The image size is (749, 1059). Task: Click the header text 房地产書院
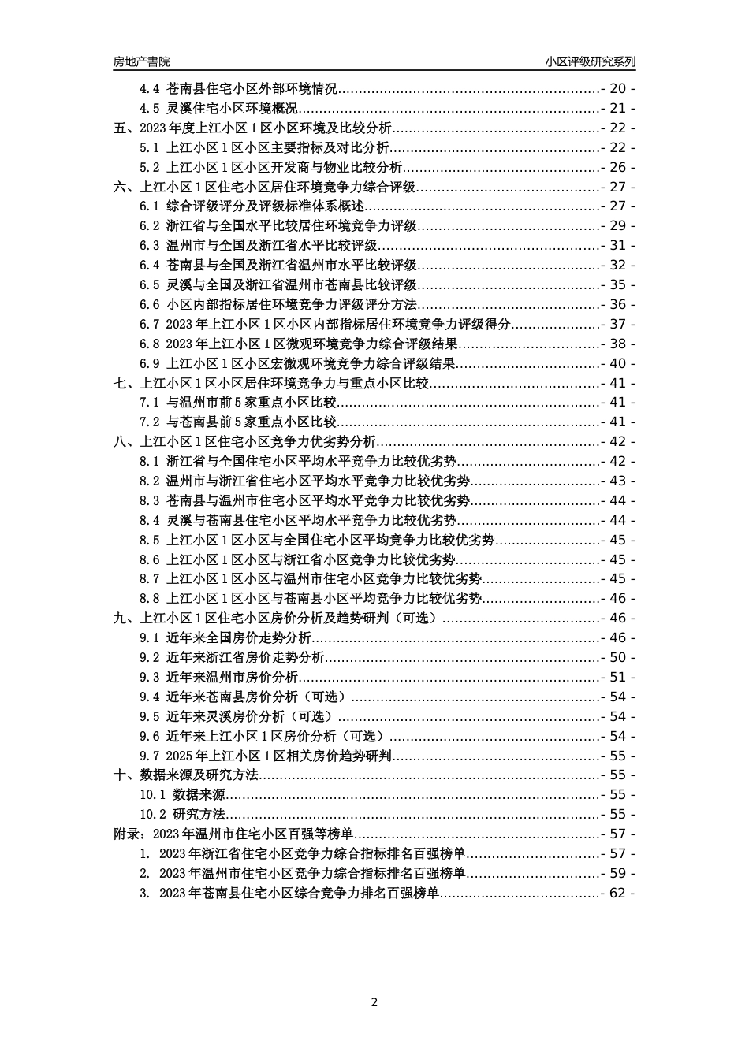point(141,61)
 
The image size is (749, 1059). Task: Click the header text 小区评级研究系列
point(590,61)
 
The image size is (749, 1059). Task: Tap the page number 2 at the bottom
point(374,1002)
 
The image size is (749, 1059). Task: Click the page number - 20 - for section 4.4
point(617,89)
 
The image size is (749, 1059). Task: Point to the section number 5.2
point(150,167)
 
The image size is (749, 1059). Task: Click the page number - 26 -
point(617,167)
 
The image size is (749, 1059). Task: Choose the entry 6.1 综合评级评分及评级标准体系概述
point(252,206)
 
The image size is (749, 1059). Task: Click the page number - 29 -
point(617,226)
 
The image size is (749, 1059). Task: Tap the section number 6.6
point(150,304)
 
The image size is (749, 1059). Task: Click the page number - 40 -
point(617,363)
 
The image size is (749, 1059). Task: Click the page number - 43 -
point(617,481)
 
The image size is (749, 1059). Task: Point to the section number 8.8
point(150,599)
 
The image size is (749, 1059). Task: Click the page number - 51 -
point(617,677)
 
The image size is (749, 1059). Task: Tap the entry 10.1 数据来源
point(183,795)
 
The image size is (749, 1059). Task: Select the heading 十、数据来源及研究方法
point(186,775)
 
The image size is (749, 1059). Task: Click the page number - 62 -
point(617,893)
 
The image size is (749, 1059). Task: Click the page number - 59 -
point(617,873)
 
